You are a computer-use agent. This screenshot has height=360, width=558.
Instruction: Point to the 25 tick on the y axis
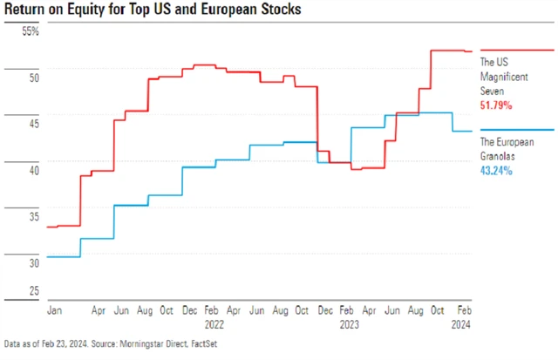tap(34, 290)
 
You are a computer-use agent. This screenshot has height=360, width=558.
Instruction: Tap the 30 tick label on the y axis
tap(34, 262)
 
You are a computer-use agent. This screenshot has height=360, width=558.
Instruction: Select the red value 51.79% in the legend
tap(496, 104)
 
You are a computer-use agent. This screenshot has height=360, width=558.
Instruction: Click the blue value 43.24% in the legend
tap(496, 170)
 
